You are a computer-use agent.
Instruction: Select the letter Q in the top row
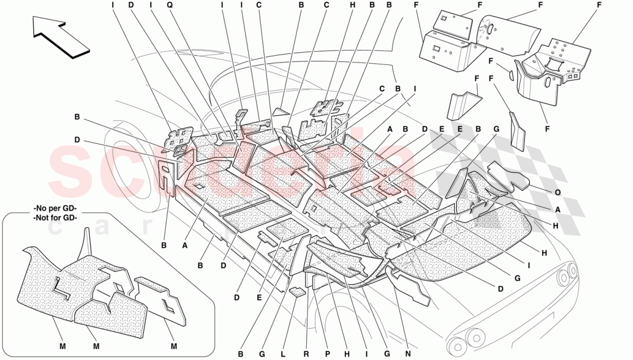[x=170, y=5]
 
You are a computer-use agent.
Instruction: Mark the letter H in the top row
[x=353, y=5]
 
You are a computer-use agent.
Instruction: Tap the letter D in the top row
[x=131, y=5]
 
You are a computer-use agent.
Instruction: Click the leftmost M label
[x=62, y=346]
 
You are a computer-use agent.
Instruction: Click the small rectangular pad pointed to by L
[x=297, y=292]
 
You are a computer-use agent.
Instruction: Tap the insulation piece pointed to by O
[x=509, y=175]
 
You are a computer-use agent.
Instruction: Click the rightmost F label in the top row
[x=599, y=5]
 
